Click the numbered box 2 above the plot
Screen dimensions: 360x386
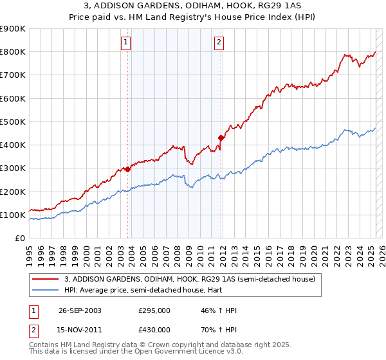219,43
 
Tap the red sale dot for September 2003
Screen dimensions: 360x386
127,169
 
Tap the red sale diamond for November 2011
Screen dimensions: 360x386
221,137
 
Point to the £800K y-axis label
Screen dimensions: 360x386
13,52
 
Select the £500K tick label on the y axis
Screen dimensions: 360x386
13,122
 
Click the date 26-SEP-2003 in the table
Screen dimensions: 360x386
80,310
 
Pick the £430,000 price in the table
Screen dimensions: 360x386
154,329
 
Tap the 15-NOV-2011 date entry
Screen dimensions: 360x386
80,329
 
